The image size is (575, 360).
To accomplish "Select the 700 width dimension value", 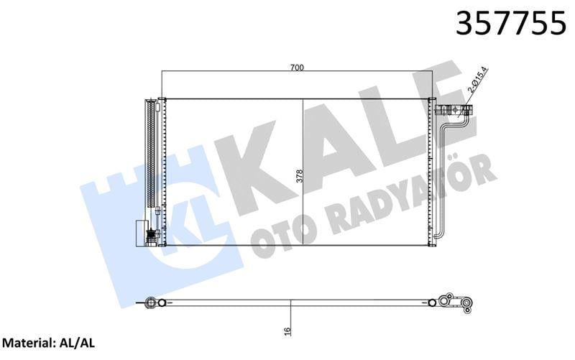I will point(298,68).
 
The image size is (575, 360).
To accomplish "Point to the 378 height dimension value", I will point(296,176).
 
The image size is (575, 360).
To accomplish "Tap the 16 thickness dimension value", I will point(288,331).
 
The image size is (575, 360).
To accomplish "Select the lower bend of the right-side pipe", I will point(440,237).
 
